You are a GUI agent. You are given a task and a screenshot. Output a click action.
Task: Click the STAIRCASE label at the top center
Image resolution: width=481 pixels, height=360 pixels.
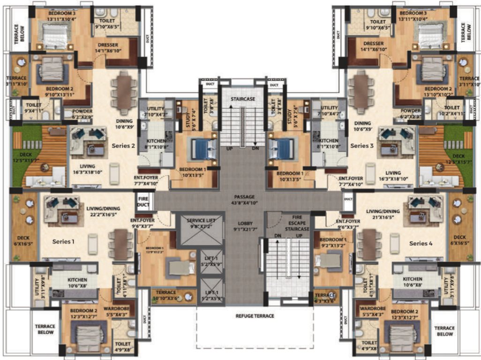click(243, 99)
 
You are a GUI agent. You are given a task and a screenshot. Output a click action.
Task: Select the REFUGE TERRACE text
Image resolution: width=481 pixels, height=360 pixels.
click(255, 316)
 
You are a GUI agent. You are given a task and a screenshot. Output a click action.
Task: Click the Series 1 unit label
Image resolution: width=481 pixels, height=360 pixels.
click(64, 242)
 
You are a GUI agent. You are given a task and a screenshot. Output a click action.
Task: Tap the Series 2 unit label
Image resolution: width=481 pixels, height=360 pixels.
click(123, 146)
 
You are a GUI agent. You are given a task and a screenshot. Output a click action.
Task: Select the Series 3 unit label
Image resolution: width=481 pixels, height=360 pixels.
click(362, 146)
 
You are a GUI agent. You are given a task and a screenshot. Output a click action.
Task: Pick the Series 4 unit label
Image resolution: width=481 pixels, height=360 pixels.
click(421, 243)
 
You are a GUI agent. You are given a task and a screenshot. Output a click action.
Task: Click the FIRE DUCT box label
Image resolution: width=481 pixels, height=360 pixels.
click(143, 201)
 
